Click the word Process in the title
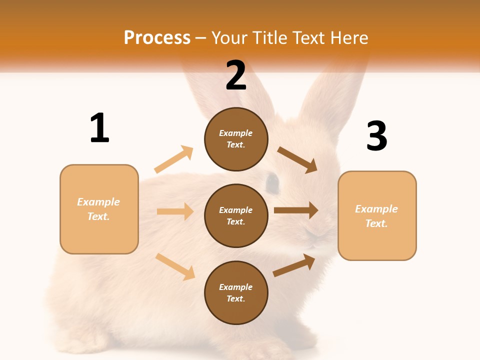(x=157, y=37)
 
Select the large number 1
(x=99, y=128)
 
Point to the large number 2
(x=236, y=75)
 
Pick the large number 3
(x=376, y=136)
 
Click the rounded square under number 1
(x=99, y=209)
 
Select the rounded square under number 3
(x=377, y=215)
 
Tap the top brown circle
(x=236, y=138)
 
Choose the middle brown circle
(x=236, y=215)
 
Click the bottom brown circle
(x=236, y=292)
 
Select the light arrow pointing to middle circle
(x=175, y=211)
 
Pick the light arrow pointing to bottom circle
(x=175, y=266)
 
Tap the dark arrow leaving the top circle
(x=297, y=159)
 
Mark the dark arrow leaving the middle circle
(x=296, y=210)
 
